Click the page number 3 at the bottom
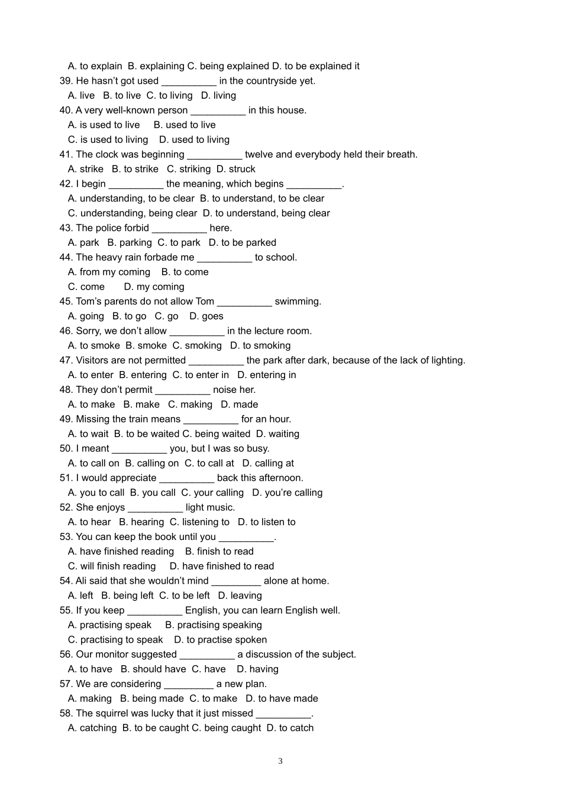280,761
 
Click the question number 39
66,81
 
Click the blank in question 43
179,229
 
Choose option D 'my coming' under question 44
154,287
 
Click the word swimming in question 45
298,302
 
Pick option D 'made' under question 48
240,405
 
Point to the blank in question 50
139,450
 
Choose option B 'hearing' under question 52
141,522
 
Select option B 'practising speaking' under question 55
214,625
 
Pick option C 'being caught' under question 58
226,728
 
